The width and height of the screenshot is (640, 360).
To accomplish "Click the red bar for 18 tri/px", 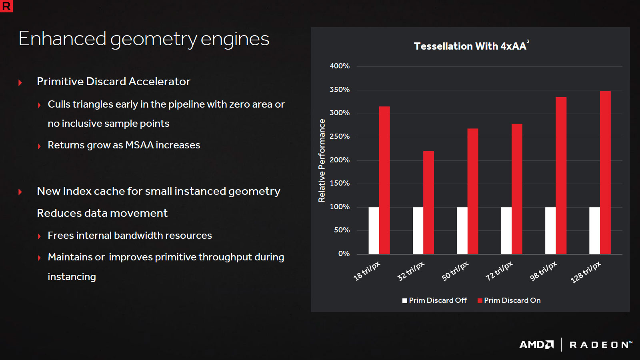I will coord(384,180).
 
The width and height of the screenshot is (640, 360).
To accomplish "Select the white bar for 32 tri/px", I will coord(418,230).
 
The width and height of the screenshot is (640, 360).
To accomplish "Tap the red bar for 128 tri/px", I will coord(605,172).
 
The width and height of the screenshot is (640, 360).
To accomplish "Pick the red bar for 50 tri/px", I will coord(473,191).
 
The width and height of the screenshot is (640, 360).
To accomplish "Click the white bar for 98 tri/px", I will coord(550,230).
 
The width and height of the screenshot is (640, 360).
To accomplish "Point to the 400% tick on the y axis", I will coord(340,66).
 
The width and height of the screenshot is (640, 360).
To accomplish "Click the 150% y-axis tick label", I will coord(340,183).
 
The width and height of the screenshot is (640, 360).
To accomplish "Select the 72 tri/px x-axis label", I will coord(499,271).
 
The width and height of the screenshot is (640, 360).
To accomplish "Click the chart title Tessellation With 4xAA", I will coord(470,46).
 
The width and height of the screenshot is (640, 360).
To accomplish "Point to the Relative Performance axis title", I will coord(322,160).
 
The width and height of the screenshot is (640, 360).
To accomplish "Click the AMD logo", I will coord(536,345).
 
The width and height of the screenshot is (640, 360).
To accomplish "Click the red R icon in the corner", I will coord(6,6).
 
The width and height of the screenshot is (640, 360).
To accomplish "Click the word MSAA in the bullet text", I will coord(139,145).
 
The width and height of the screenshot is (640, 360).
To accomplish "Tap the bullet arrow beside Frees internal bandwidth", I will coord(39,236).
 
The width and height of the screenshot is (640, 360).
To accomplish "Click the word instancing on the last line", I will coord(72,277).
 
